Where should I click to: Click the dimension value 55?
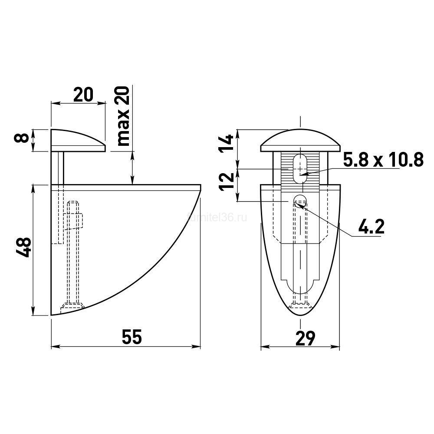pos(132,337)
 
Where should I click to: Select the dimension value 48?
pos(23,247)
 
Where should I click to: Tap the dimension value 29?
pos(305,338)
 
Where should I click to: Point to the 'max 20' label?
pos(123,116)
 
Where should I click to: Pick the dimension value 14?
pos(226,143)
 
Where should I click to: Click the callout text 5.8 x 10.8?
pos(383,160)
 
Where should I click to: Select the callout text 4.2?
pos(372,227)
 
